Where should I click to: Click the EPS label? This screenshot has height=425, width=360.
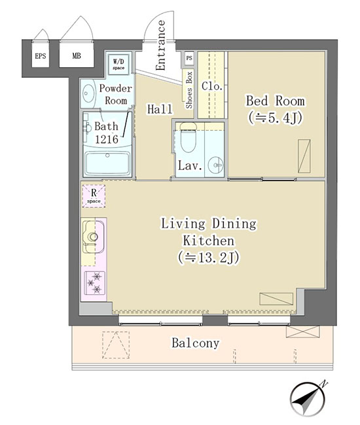[41, 56]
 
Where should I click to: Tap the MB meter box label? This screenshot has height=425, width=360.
[77, 56]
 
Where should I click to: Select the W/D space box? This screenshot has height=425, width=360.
[118, 65]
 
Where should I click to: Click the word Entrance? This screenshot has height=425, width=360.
[160, 45]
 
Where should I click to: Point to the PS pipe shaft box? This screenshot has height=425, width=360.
[189, 58]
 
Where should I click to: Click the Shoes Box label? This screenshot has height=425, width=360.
[189, 90]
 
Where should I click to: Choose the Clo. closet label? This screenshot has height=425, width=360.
[212, 86]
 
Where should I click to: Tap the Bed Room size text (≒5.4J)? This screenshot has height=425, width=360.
[275, 118]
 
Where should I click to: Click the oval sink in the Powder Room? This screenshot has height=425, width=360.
[88, 93]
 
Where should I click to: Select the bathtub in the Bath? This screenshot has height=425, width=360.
[107, 163]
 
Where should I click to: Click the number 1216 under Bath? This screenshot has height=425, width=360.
[107, 139]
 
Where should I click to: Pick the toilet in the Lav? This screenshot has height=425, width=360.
[188, 137]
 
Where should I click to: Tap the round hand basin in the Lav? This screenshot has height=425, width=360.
[216, 165]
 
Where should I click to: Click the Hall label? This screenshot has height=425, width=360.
[160, 109]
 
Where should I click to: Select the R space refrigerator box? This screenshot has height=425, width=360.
[94, 196]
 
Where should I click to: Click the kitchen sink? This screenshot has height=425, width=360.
[93, 237]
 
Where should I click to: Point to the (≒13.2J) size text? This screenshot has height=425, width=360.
[209, 257]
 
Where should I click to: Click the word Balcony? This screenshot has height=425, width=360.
[195, 343]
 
